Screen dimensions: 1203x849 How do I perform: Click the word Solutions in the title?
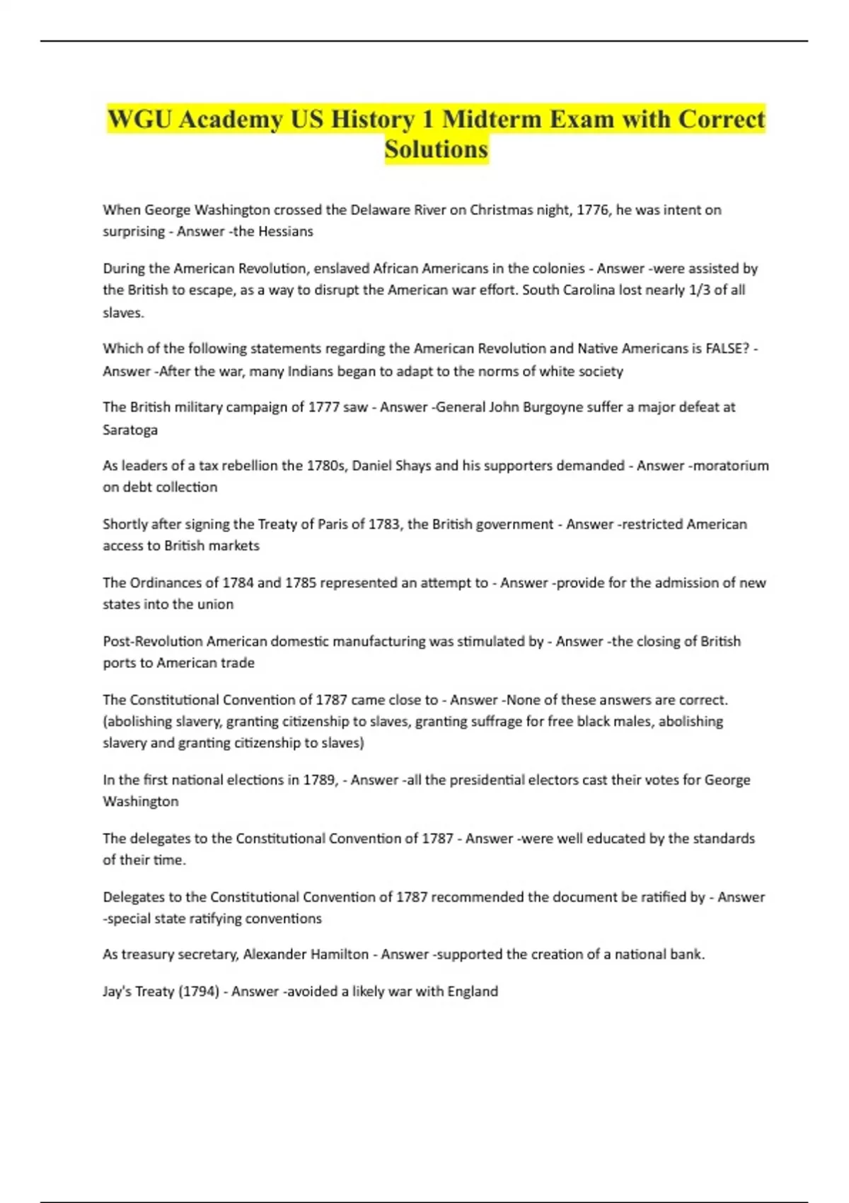(437, 149)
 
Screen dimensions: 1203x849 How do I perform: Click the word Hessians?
(285, 231)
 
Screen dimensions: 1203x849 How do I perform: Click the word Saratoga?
(130, 430)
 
